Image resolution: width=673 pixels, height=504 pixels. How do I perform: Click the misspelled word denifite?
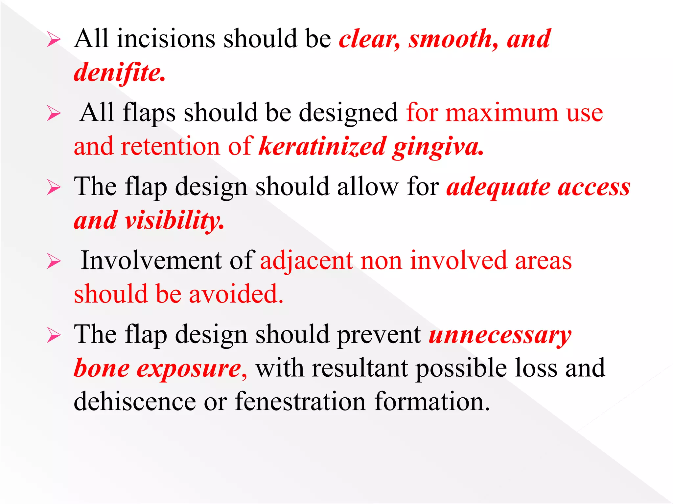tap(119, 73)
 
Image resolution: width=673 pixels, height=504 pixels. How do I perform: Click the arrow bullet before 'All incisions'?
tap(54, 40)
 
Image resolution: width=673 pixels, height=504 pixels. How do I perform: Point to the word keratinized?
tap(322, 146)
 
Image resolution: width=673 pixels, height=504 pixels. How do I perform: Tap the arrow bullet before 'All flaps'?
tap(54, 114)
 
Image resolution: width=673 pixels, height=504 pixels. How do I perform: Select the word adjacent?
tap(306, 261)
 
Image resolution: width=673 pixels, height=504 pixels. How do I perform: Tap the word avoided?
tap(236, 294)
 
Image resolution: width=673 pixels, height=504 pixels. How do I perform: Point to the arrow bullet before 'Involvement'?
tap(54, 262)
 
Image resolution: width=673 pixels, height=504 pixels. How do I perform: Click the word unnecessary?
tap(500, 335)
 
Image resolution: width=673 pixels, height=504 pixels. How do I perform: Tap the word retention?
tap(171, 146)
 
